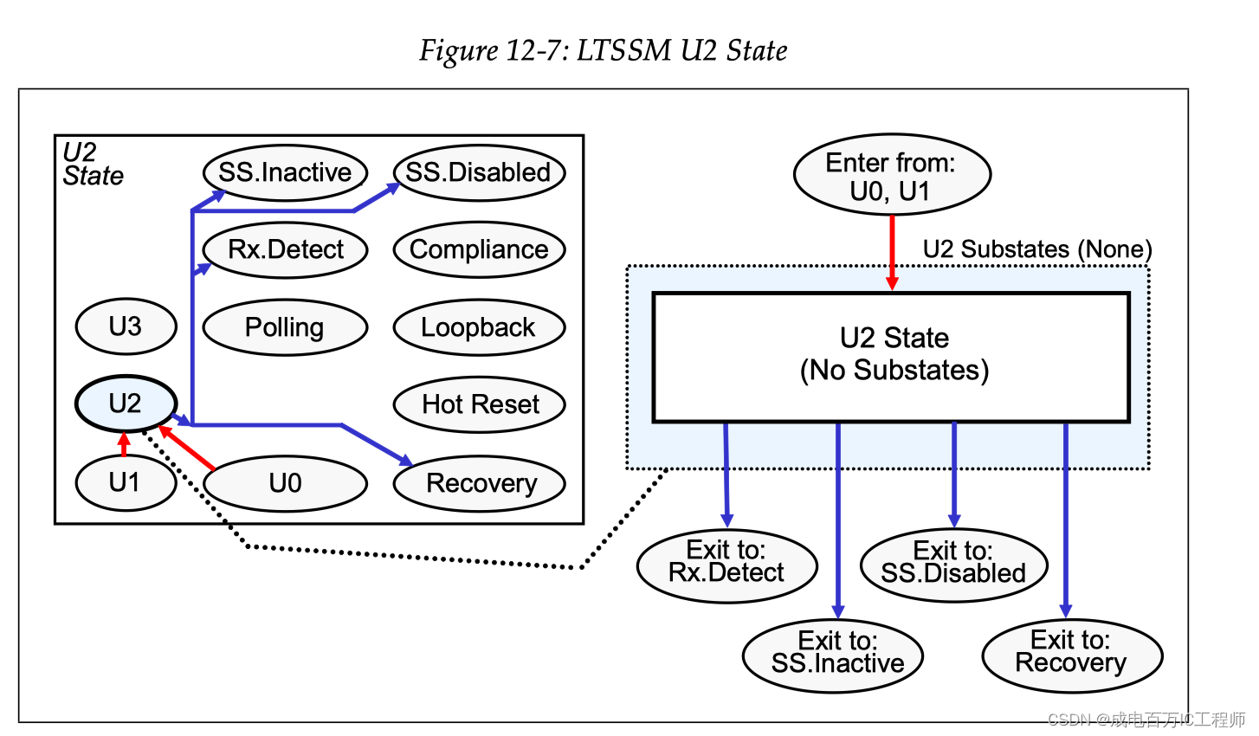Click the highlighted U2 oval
click(x=126, y=404)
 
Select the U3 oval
click(x=126, y=326)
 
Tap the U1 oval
click(x=126, y=482)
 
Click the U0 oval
click(x=285, y=483)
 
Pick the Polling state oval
click(x=285, y=327)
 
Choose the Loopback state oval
click(x=479, y=327)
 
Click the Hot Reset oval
click(x=479, y=404)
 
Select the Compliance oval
click(x=479, y=249)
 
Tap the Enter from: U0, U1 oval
click(x=891, y=176)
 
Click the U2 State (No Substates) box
click(x=892, y=356)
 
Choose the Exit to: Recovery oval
click(x=1071, y=653)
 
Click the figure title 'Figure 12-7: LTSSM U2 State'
click(x=604, y=50)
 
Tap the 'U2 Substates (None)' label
click(x=1036, y=249)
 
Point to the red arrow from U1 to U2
click(x=124, y=444)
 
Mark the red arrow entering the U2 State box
click(x=892, y=251)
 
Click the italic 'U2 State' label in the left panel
click(x=93, y=165)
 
